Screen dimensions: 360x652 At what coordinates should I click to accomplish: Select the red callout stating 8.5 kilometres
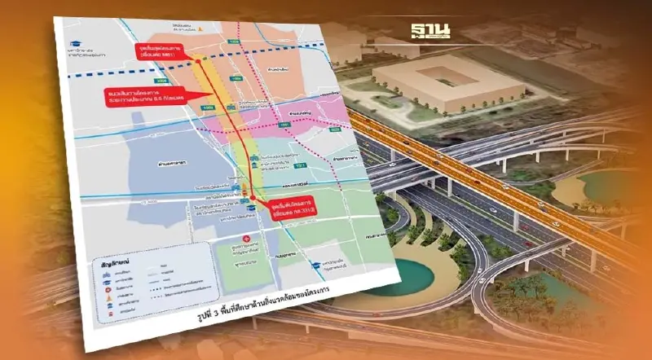point(139,97)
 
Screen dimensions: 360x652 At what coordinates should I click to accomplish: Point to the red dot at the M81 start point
point(197,61)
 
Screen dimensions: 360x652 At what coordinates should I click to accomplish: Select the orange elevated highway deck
point(489,163)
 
